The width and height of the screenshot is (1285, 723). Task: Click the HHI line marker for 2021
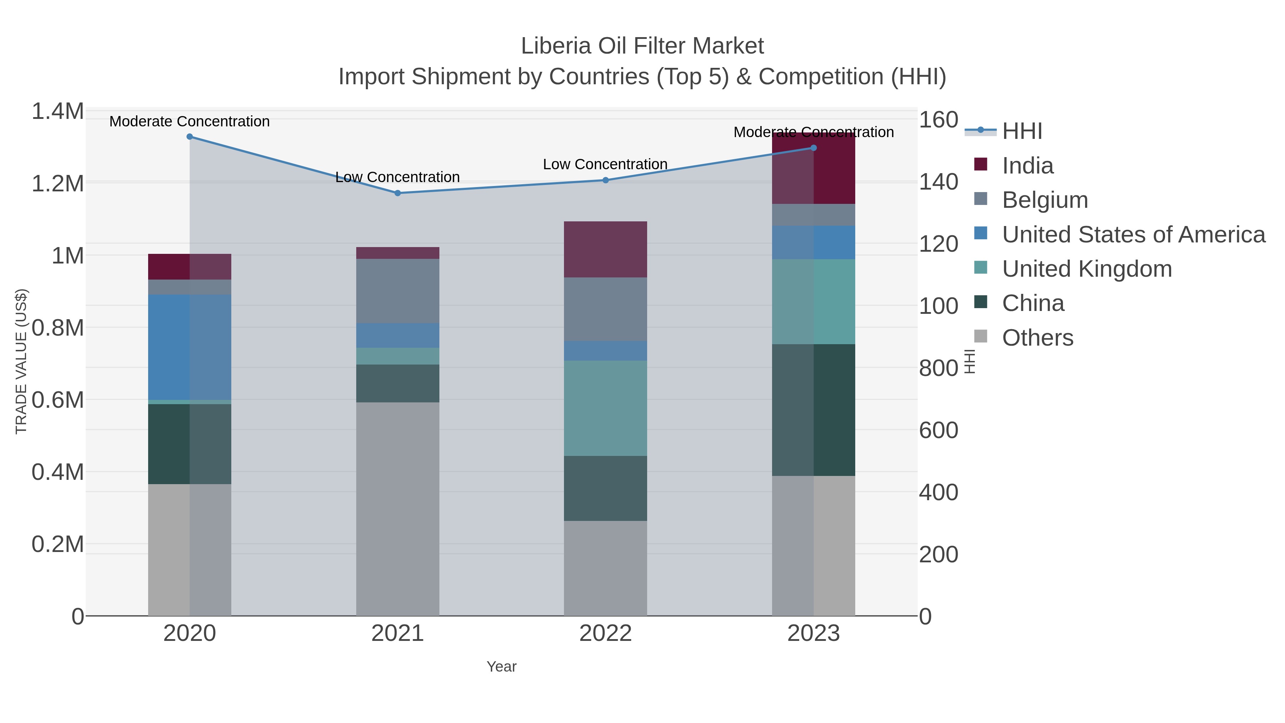(x=398, y=193)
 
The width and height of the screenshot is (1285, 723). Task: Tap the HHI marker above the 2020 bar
(x=190, y=137)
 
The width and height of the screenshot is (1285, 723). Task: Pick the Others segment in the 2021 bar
(x=398, y=509)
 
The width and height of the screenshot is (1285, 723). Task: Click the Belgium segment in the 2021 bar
(x=398, y=291)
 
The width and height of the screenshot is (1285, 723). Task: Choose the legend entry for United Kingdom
(x=1087, y=269)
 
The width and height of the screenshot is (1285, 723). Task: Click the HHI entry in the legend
(x=1022, y=131)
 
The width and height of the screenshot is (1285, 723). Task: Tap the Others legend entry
(x=1037, y=338)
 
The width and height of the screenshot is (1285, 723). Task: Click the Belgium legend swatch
(x=980, y=199)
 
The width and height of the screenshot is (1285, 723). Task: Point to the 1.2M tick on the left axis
(x=57, y=184)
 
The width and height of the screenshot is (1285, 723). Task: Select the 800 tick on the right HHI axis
(x=938, y=368)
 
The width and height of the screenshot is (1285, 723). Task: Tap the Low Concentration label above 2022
(x=605, y=164)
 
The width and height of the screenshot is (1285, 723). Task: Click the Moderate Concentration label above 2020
(x=190, y=121)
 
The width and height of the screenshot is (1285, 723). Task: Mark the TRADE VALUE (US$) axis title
(x=21, y=361)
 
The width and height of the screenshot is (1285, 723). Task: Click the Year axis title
(x=502, y=667)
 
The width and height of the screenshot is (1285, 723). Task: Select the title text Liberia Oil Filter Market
(x=642, y=46)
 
